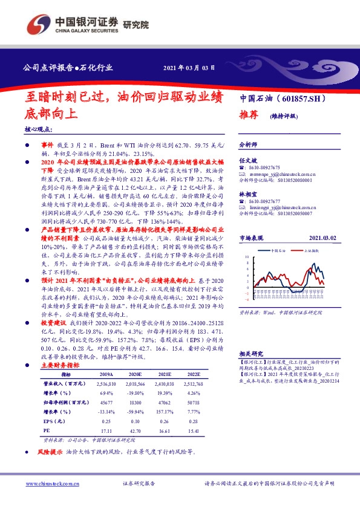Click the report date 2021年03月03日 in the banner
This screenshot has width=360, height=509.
pyautogui.click(x=189, y=67)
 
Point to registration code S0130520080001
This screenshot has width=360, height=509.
pyautogui.click(x=287, y=180)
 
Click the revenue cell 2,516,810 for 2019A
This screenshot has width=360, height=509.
pyautogui.click(x=106, y=383)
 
